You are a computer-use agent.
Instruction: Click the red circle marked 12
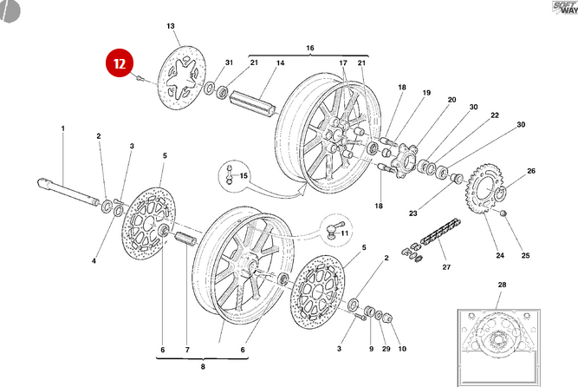(x=120, y=62)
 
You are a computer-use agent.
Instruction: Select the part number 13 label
(x=171, y=27)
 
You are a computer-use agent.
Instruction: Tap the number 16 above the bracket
(x=309, y=47)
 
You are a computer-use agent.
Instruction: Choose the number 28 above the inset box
(x=501, y=285)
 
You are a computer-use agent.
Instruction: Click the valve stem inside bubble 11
(x=332, y=228)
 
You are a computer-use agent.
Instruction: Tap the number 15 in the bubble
(x=244, y=176)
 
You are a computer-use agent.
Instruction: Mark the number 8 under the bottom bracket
(x=203, y=368)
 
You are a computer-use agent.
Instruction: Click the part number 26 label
(x=532, y=171)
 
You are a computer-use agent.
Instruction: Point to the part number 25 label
(x=525, y=256)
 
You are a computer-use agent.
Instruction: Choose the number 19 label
(x=426, y=93)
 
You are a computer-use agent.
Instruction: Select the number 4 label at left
(x=94, y=259)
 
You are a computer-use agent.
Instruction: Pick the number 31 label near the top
(x=230, y=63)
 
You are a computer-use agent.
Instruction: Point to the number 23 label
(x=412, y=213)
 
